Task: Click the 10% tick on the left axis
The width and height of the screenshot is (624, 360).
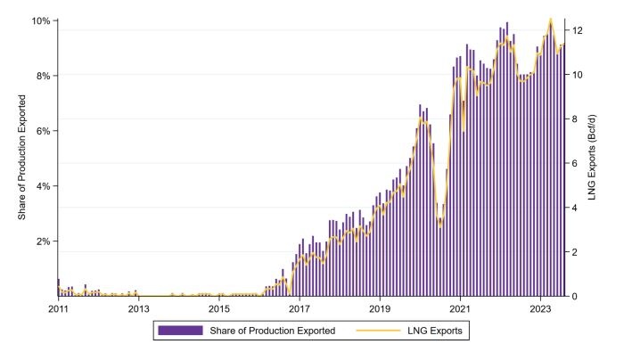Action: click(x=40, y=20)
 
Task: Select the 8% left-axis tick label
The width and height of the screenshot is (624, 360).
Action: click(x=43, y=76)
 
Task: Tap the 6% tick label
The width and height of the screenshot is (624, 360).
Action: click(x=43, y=131)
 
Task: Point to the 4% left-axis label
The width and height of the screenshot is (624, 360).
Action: click(x=43, y=186)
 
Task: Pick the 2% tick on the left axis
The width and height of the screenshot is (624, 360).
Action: click(x=43, y=241)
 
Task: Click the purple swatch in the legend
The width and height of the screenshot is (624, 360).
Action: click(x=181, y=331)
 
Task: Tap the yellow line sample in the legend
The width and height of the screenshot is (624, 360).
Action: click(x=376, y=331)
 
